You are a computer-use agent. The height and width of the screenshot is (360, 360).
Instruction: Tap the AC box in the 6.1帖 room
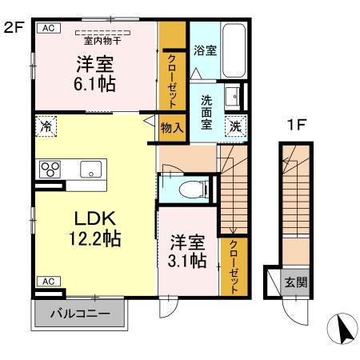pos(47,27)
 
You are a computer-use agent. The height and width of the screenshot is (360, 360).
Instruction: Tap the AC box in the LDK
pos(47,281)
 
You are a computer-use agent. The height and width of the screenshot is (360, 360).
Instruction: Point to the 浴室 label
pos(206,50)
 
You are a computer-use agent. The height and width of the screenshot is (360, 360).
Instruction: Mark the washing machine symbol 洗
pos(236,125)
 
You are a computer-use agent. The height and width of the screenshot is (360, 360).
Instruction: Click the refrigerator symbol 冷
pos(46,126)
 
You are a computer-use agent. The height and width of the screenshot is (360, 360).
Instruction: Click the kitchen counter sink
pos(90,169)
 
